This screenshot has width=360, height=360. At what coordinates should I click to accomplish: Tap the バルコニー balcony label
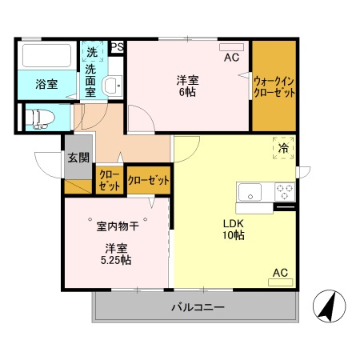point(197,308)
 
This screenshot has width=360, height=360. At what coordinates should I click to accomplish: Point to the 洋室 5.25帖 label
point(117,254)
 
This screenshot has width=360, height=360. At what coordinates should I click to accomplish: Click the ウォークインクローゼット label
point(274,86)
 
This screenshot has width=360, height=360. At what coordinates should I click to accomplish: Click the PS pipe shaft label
point(117,47)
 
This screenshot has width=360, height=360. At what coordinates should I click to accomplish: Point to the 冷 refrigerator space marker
point(283,147)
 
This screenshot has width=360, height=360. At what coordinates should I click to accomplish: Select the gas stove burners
point(284,192)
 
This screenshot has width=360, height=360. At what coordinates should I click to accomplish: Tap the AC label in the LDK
point(280,273)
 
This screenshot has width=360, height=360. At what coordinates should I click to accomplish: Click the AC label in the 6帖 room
point(231,58)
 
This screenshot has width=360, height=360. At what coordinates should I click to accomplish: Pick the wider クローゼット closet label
point(149,180)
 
